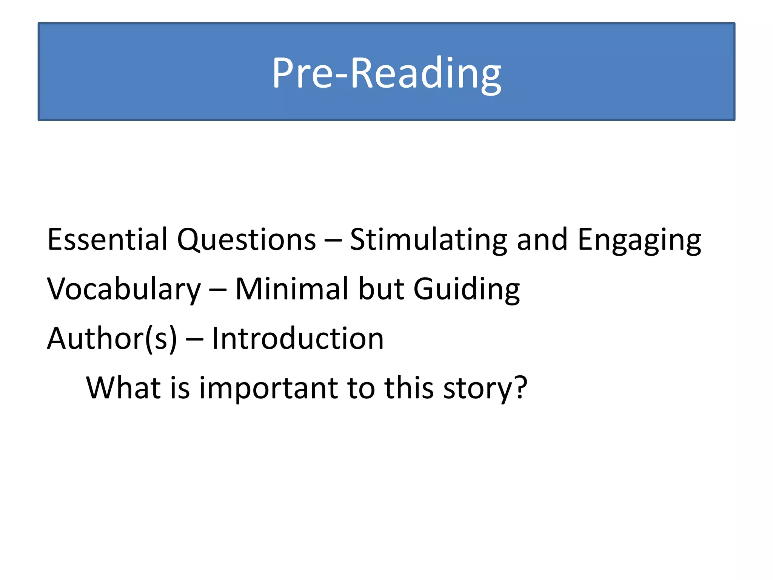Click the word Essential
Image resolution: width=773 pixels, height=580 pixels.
107,239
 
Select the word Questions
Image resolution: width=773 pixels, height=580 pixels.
246,240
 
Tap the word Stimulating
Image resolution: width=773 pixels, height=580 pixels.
428,240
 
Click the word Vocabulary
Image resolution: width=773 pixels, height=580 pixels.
124,289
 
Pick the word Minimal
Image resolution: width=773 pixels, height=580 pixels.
292,288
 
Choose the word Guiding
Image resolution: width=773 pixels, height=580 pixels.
467,289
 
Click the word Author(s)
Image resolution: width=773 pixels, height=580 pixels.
112,338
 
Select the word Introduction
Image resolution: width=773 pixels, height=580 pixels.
297,338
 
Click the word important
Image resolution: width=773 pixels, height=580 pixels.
268,388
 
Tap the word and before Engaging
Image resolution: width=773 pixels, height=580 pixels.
542,239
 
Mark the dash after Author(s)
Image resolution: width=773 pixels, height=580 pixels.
194,339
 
